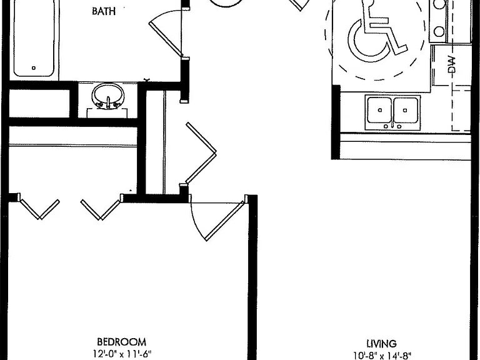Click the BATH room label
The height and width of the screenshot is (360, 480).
click(x=104, y=11)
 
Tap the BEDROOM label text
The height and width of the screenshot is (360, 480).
click(x=121, y=342)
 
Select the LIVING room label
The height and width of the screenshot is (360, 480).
click(x=381, y=344)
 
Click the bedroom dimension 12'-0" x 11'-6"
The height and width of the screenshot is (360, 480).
click(x=122, y=354)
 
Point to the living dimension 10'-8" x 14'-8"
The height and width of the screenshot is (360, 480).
click(x=382, y=356)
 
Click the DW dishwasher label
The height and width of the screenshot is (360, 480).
click(x=451, y=64)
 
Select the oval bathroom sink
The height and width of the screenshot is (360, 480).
click(x=108, y=96)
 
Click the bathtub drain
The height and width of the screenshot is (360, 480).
click(x=34, y=68)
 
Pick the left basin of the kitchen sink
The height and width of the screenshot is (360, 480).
click(x=379, y=110)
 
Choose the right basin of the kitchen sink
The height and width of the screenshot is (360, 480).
click(x=406, y=110)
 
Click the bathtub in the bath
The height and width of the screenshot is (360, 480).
click(x=34, y=37)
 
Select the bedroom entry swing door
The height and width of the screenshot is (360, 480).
click(x=225, y=221)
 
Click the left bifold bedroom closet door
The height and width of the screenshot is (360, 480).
click(x=40, y=209)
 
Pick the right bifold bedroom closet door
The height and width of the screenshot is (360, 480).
click(x=101, y=209)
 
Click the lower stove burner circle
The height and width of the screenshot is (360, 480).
click(x=439, y=31)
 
